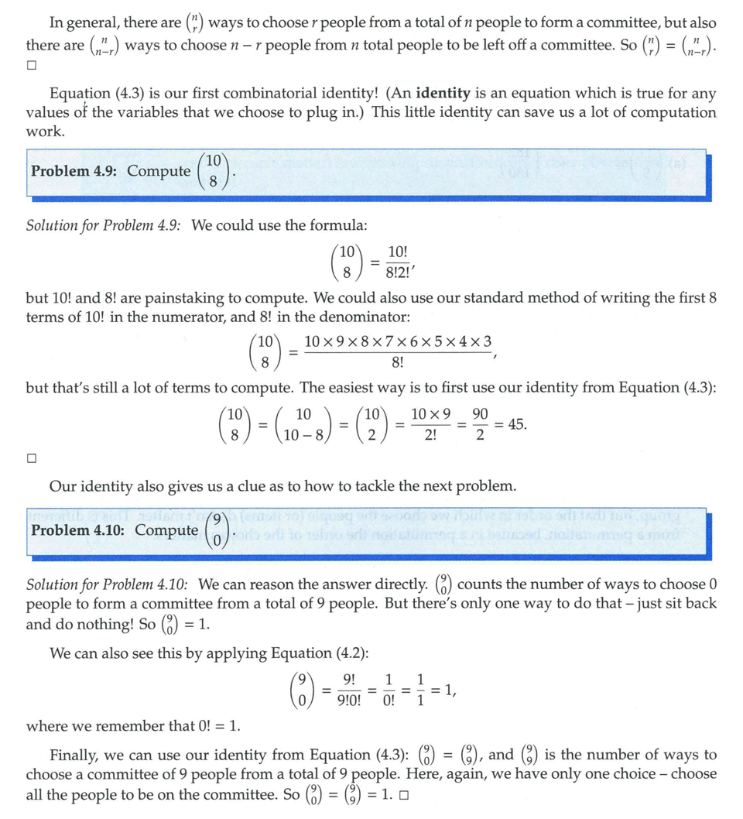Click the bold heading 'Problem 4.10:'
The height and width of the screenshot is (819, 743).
[x=79, y=530]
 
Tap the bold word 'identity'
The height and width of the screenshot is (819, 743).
[x=443, y=94]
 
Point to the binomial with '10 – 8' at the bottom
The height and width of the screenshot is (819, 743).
[x=304, y=425]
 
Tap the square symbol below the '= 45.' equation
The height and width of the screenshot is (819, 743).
[x=32, y=458]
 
